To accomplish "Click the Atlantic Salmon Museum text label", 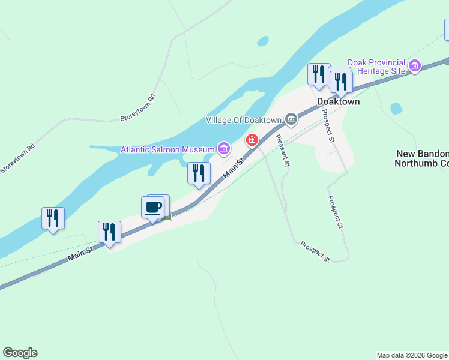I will (167, 149).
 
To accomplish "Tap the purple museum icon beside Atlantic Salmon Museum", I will (224, 148).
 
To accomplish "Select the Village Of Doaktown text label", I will (243, 120).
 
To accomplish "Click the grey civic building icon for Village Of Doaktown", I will (291, 119).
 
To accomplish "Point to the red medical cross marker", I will (252, 141).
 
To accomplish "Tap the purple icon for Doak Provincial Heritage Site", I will (414, 65).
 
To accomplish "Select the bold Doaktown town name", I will (338, 101).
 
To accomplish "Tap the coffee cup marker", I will (152, 208).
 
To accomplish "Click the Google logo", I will (20, 353).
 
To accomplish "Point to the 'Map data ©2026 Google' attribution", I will (412, 355).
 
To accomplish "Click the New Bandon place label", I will (423, 154).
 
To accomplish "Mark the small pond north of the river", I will (262, 41).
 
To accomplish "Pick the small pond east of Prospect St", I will (396, 109).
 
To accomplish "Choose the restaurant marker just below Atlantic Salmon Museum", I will (199, 173).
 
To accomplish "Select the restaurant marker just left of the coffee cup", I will (109, 232).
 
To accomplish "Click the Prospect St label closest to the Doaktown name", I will (327, 125).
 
